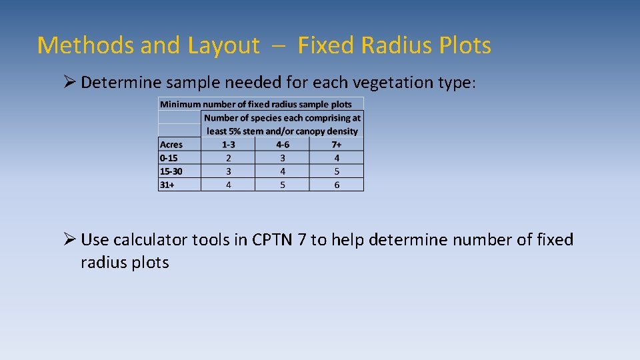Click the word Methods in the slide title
click(x=75, y=45)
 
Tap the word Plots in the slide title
click(x=465, y=45)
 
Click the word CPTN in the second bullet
click(x=273, y=240)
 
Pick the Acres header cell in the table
click(x=171, y=145)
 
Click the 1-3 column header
click(x=228, y=145)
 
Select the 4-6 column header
click(x=282, y=145)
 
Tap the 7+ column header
click(x=337, y=145)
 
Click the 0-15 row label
click(x=169, y=158)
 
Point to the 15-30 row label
click(x=171, y=171)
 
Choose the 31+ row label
click(x=167, y=185)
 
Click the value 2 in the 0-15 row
click(x=228, y=158)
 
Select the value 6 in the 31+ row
click(x=337, y=185)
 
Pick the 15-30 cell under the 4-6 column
click(x=282, y=171)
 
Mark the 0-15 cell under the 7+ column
click(x=337, y=158)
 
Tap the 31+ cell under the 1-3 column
click(x=228, y=185)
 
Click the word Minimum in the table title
click(x=180, y=105)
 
